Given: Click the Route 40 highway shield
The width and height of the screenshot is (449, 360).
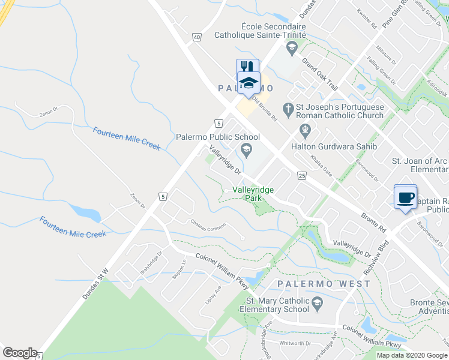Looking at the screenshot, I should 197,37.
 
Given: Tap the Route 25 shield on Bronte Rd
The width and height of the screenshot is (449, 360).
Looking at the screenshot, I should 301,175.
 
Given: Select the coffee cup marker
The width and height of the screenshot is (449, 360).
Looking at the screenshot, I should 405,197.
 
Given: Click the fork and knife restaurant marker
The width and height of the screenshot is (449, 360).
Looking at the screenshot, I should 247,67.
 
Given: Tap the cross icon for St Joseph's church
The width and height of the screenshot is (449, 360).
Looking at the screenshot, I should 288,108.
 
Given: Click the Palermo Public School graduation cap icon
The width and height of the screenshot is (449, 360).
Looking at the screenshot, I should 245,149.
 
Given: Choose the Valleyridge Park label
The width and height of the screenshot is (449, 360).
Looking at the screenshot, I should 253,194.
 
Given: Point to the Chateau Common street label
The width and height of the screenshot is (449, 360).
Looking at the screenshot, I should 208,227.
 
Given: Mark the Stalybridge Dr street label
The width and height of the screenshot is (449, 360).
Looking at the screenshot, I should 151,262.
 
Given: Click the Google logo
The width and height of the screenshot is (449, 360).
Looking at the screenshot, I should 20,353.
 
